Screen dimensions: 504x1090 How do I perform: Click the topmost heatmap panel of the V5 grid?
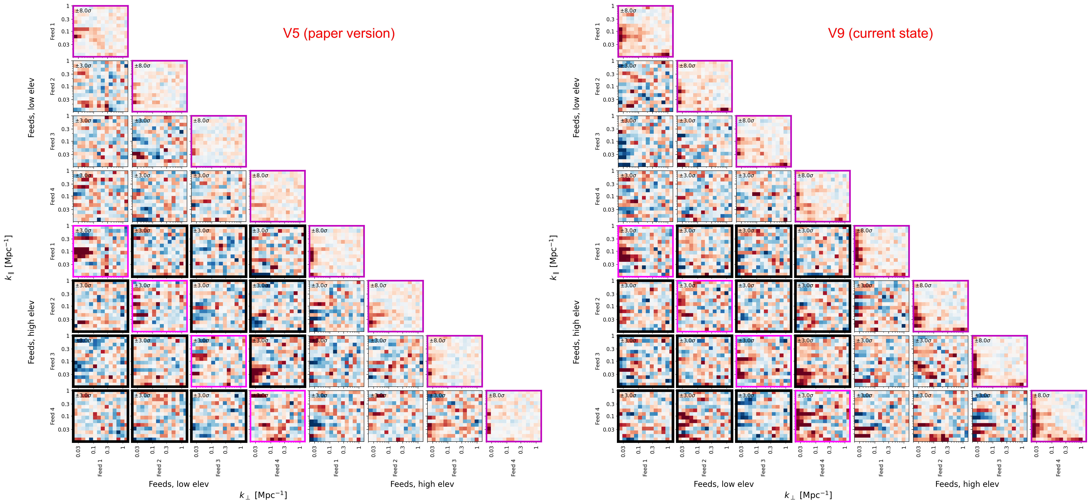point(100,31)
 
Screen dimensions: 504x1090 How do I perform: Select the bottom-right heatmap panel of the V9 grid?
point(1058,416)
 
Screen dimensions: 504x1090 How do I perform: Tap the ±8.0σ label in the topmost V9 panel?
point(628,11)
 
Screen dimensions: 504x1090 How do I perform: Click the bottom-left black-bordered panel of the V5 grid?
point(100,416)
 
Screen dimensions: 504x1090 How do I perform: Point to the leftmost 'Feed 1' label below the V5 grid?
point(100,468)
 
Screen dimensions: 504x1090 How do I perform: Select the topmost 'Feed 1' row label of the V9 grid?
point(597,31)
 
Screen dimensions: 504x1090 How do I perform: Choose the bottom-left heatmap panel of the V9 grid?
point(645,416)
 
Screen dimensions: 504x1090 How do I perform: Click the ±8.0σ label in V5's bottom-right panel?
point(496,395)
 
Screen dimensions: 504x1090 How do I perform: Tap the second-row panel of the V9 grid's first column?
point(645,86)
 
